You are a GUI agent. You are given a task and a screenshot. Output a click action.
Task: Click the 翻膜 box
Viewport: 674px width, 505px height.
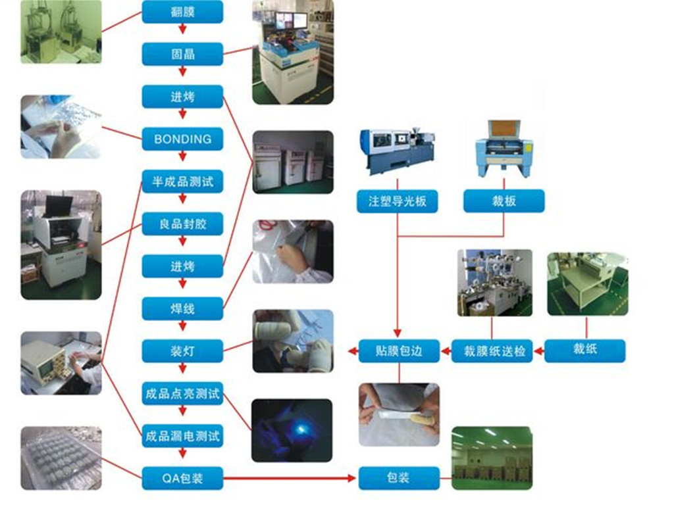click(182, 11)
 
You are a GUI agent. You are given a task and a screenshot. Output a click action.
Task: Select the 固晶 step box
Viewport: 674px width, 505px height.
click(182, 54)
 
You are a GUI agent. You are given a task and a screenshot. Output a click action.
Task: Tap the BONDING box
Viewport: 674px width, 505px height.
click(182, 139)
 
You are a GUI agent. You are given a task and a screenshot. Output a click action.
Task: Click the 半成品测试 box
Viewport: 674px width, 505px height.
click(182, 181)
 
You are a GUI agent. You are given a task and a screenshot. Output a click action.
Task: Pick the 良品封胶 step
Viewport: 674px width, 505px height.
click(182, 224)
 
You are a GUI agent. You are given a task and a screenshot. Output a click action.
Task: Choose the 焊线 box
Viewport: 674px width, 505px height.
click(182, 308)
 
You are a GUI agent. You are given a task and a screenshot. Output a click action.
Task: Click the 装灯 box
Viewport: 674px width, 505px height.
click(182, 350)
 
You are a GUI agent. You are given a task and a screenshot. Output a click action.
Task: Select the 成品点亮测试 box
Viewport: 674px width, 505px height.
click(182, 394)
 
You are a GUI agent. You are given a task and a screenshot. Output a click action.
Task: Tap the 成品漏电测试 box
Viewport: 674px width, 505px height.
click(182, 435)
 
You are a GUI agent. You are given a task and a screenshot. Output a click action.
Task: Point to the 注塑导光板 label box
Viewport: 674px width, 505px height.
click(398, 201)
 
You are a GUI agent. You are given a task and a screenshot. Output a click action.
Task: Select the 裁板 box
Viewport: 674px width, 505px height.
click(504, 201)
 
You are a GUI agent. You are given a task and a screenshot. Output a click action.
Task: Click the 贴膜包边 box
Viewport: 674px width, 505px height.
click(399, 351)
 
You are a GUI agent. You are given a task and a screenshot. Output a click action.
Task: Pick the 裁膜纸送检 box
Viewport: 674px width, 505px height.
click(492, 351)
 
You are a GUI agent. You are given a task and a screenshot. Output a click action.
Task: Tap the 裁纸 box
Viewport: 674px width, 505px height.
click(584, 350)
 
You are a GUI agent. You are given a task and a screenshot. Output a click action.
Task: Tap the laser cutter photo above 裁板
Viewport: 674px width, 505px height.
click(504, 149)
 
